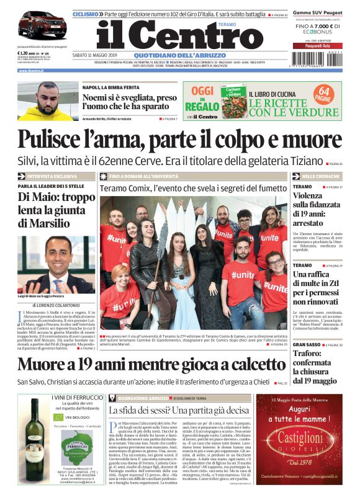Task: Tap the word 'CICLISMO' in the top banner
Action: click(86, 13)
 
